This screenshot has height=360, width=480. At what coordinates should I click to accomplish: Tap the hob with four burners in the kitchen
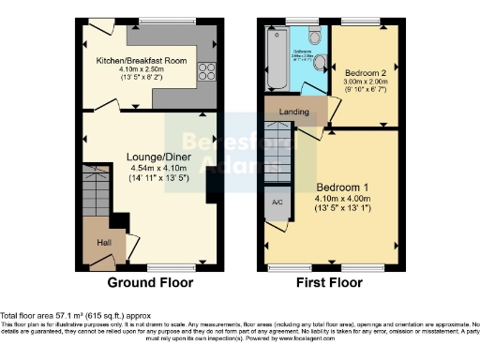[205, 72]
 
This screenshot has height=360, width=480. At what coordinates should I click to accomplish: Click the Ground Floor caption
[150, 282]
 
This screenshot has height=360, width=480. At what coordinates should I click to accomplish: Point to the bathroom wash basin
[320, 64]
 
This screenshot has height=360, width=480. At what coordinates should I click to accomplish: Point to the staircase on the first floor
[278, 155]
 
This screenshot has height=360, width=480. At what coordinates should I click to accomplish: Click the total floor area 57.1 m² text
[74, 316]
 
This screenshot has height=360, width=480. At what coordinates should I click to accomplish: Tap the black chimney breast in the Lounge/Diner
[212, 185]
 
